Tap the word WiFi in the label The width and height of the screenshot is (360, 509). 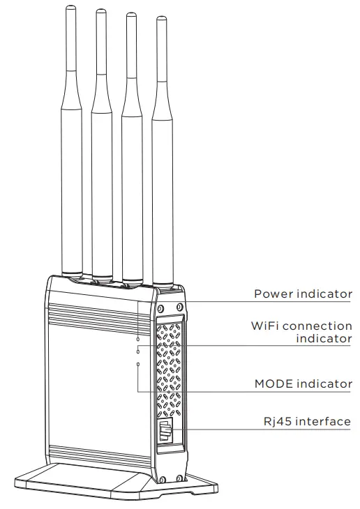coord(265,326)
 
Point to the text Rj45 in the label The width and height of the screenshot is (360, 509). coord(271,421)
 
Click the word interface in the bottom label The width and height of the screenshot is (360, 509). coord(323,421)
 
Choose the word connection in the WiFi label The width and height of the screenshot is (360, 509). coord(317,326)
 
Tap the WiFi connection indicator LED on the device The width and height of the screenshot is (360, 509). coord(138,351)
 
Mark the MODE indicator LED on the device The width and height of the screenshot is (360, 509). coord(138,364)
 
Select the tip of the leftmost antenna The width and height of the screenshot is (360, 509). coord(69,8)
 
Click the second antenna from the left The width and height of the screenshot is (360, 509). coord(101,139)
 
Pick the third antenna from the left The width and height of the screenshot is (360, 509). coord(131,139)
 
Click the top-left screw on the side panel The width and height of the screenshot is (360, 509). coord(160,307)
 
